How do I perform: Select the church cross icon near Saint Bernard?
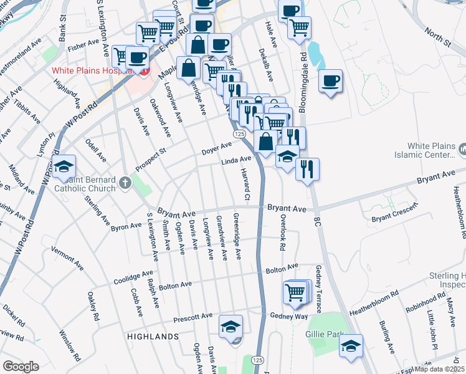coord(125,183)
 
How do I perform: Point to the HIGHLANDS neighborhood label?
coord(153,336)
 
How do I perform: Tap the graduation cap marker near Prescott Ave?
coord(231,327)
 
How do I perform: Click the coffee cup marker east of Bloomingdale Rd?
coord(330,81)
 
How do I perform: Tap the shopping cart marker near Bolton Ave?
coord(295,292)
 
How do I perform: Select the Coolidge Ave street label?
coord(133,277)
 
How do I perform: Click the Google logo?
coord(21,367)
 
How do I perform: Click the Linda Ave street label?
coord(236,161)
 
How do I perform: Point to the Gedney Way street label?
coord(289,316)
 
